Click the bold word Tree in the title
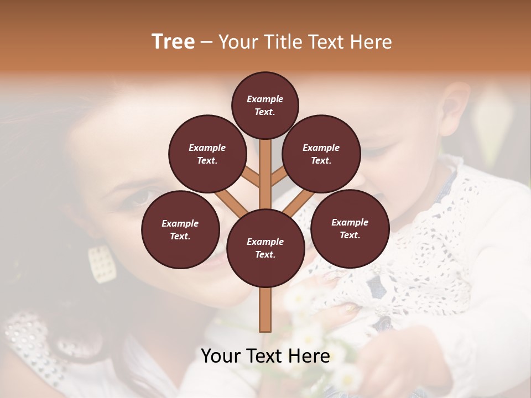(173, 41)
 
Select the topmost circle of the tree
(265, 105)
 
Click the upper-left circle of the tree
(207, 154)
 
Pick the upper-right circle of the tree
(321, 154)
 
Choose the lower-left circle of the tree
(180, 229)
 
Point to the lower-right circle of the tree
(350, 228)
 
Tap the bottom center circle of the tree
(265, 248)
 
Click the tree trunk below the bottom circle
(265, 310)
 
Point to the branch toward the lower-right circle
(299, 203)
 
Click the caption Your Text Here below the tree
(265, 356)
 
